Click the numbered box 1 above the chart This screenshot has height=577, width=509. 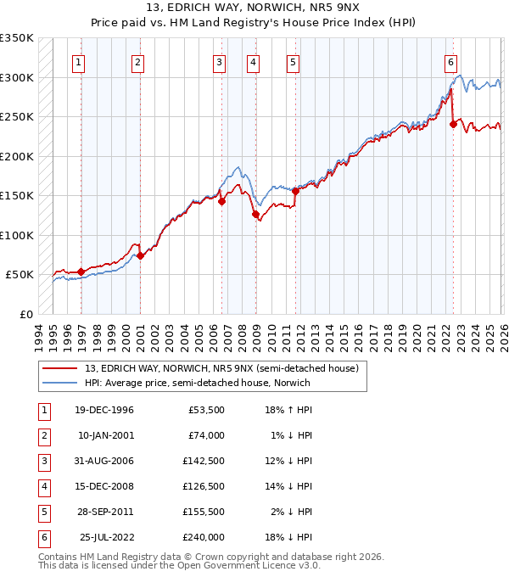click(x=78, y=61)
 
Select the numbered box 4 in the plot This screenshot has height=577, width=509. click(x=254, y=61)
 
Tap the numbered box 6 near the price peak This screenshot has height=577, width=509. click(x=450, y=61)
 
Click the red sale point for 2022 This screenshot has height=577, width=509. click(x=453, y=124)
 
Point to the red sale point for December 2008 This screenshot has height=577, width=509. click(x=255, y=214)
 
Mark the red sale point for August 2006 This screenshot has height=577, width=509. click(x=221, y=202)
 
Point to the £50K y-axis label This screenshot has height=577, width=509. click(x=19, y=275)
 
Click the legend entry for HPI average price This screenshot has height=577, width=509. click(x=198, y=383)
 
